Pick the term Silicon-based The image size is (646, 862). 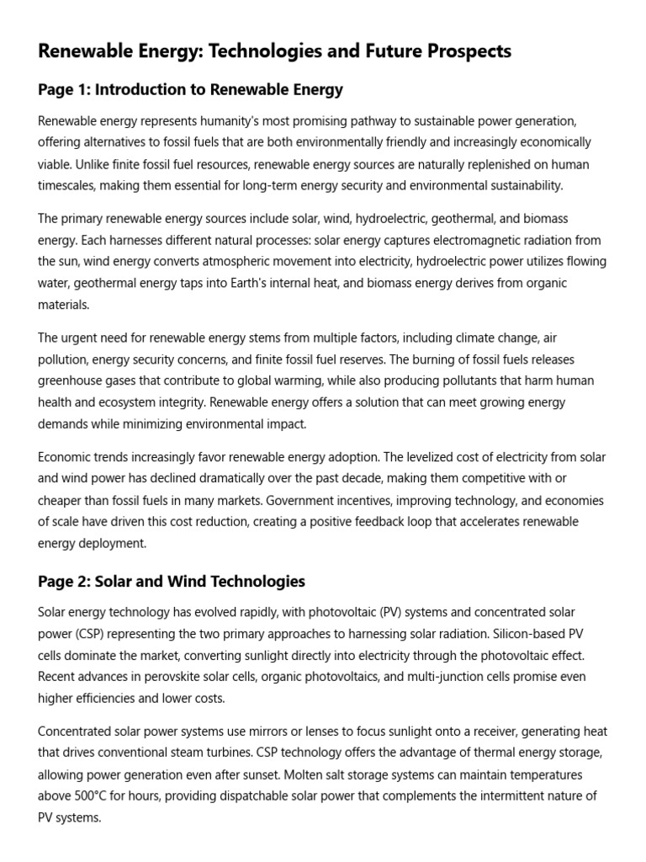541,633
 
